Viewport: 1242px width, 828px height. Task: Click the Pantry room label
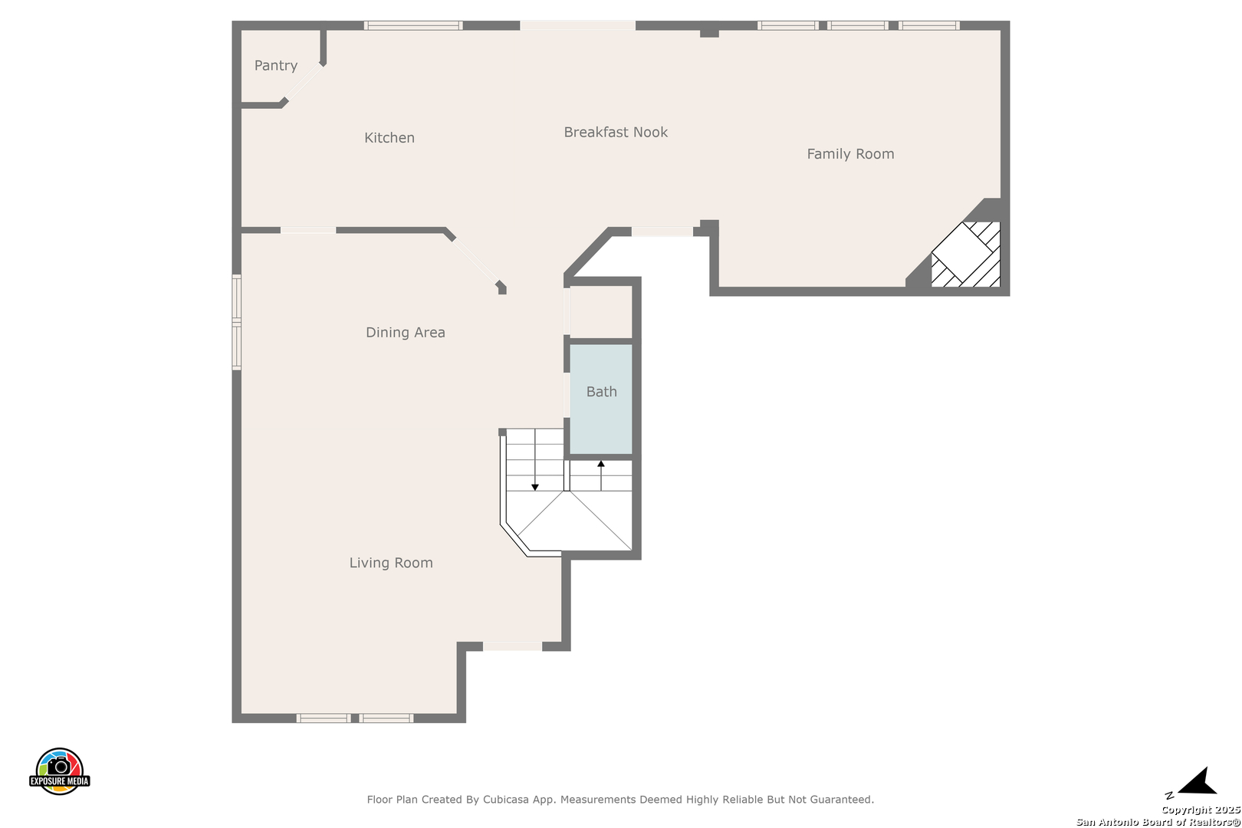click(x=275, y=65)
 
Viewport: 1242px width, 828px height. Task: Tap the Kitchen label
click(x=389, y=137)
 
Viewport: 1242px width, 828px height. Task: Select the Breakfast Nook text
click(x=616, y=132)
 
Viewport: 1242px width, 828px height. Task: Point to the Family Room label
click(x=850, y=153)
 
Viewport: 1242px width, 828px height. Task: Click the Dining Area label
click(x=406, y=332)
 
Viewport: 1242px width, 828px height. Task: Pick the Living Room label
click(x=391, y=563)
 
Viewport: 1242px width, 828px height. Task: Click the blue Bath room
click(x=601, y=399)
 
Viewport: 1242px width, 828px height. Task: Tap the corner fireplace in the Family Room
click(x=966, y=254)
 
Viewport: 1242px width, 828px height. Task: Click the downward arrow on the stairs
click(x=535, y=460)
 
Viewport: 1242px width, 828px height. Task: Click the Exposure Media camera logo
click(x=59, y=770)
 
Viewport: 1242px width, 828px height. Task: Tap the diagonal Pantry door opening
click(x=303, y=83)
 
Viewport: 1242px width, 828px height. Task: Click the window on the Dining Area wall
click(x=237, y=322)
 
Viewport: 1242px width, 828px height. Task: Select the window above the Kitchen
click(x=413, y=25)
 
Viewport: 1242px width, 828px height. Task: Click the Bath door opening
click(x=567, y=395)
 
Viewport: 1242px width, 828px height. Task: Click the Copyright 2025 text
click(x=1201, y=810)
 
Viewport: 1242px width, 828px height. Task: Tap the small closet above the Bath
click(x=601, y=311)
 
